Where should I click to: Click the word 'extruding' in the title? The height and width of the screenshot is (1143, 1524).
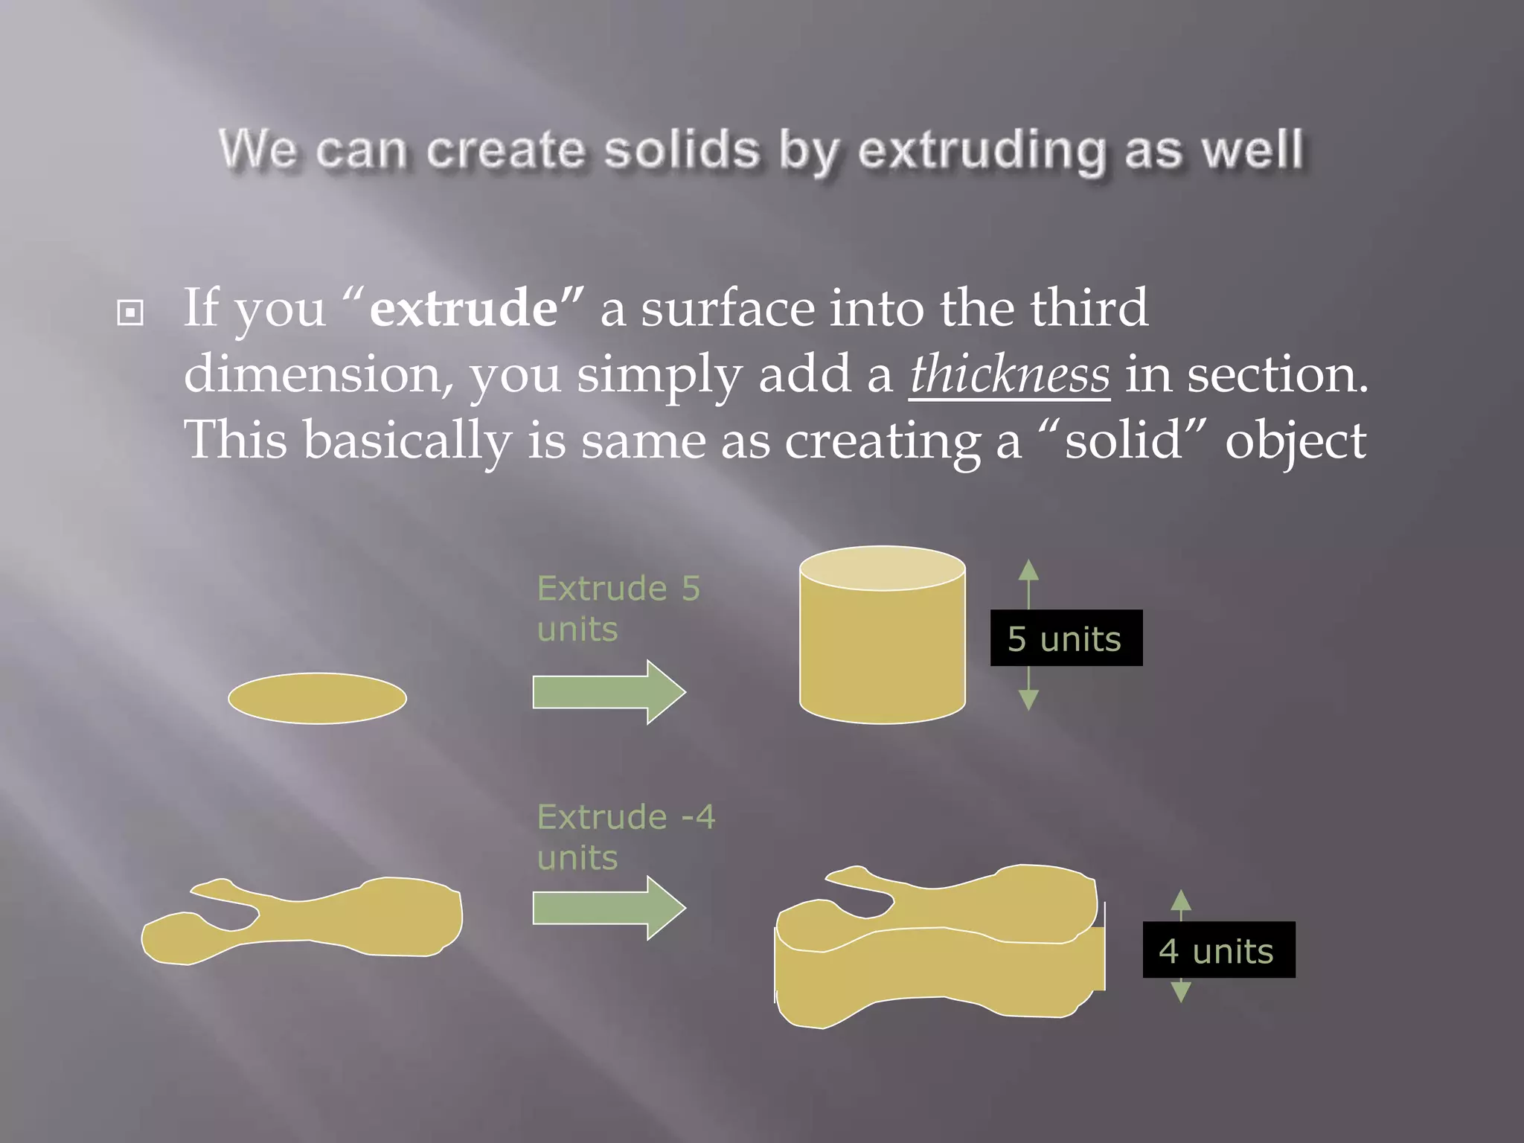982,151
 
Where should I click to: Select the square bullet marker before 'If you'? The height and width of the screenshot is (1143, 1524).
130,313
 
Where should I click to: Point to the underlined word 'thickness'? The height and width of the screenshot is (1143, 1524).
1009,374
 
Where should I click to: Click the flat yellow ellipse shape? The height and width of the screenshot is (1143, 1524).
317,698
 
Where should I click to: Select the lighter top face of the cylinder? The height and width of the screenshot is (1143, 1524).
882,569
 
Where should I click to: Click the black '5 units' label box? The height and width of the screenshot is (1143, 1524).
1066,638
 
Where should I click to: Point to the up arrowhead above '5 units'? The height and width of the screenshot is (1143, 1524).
1028,570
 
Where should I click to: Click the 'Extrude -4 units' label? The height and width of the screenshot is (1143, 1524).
625,837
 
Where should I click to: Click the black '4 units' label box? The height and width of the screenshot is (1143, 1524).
1218,950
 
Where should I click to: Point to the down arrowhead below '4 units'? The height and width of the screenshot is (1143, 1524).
1181,992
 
